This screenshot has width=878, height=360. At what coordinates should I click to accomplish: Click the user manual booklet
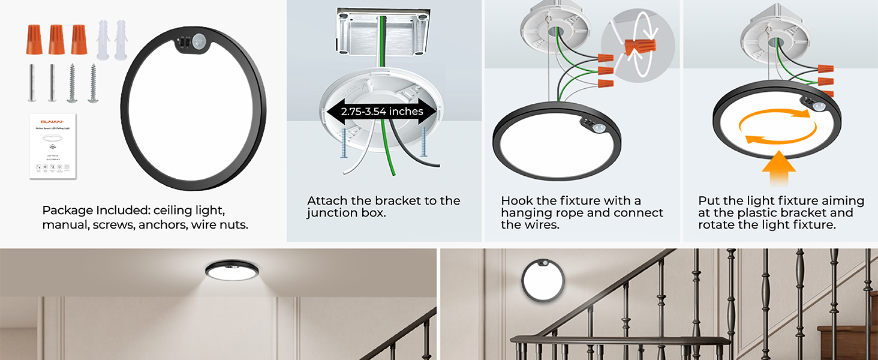point(53,145)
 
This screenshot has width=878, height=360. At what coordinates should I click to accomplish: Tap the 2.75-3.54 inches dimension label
point(382,112)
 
